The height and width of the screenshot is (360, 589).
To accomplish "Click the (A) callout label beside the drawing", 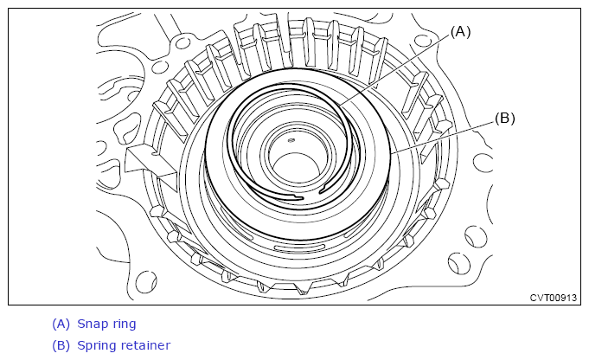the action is (460, 32).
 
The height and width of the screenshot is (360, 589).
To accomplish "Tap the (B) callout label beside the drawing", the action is (504, 119).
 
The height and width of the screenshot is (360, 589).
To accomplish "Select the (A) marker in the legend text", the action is (61, 324).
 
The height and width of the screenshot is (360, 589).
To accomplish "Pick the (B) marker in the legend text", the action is (61, 345).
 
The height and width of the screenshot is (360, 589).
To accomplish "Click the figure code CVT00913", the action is (553, 298).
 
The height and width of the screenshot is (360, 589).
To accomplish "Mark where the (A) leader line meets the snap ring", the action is (340, 105).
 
